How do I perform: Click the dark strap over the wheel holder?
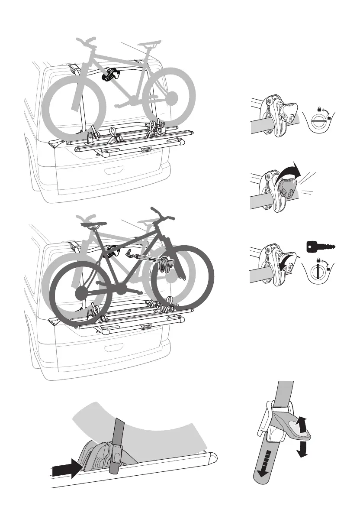pos(116,451)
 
